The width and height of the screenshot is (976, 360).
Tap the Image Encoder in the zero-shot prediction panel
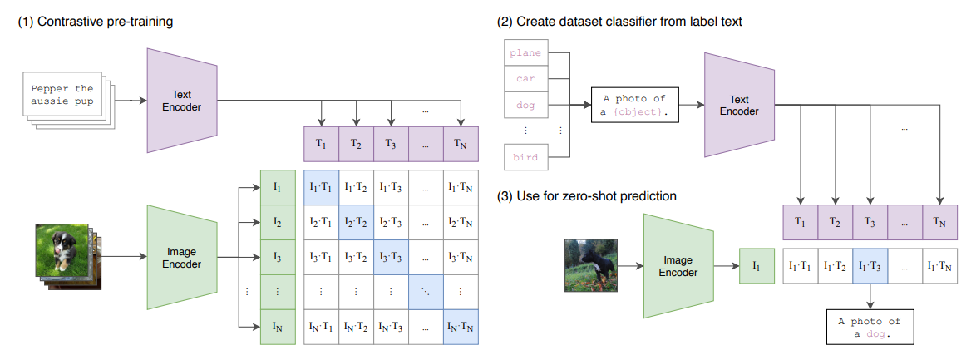[x=677, y=266]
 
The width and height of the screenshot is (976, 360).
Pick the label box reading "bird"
[x=525, y=156]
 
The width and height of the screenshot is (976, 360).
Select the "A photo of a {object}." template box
[x=634, y=105]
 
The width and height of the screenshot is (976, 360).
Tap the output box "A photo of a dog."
[x=869, y=327]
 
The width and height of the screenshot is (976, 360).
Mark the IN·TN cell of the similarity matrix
[x=461, y=327]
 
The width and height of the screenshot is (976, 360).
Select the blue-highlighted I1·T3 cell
[x=870, y=266]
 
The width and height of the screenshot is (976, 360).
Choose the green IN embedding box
[x=277, y=327]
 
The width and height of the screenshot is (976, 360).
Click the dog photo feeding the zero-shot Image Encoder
[x=592, y=265]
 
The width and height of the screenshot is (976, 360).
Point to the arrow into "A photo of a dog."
[x=870, y=294]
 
